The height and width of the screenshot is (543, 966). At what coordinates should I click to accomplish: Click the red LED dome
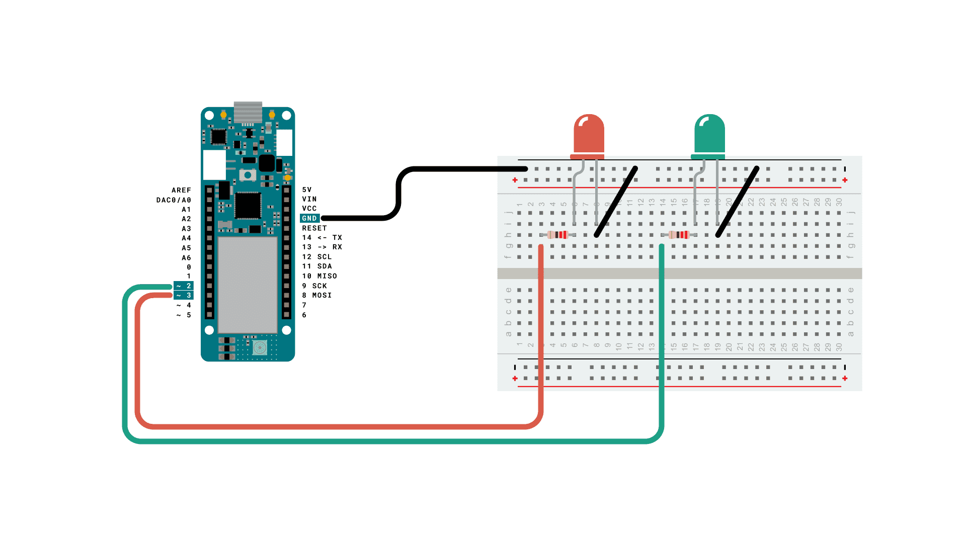tap(589, 134)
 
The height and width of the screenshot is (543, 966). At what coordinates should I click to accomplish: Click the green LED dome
tap(709, 134)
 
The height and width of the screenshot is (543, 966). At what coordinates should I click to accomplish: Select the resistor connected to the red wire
tap(557, 235)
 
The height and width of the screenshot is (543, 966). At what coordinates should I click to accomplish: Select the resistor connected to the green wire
tap(679, 235)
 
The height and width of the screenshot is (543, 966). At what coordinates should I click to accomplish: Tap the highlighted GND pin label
tap(309, 218)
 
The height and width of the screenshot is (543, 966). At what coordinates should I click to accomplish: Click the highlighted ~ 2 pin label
tap(184, 286)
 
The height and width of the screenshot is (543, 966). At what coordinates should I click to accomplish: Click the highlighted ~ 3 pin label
tap(184, 295)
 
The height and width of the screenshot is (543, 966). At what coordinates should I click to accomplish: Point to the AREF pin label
tap(181, 190)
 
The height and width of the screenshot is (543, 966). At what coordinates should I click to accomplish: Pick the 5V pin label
tap(307, 190)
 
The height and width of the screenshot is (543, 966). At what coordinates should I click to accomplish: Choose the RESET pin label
tap(314, 228)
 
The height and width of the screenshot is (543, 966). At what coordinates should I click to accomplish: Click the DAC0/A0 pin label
tap(174, 200)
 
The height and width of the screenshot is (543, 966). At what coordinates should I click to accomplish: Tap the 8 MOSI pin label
tap(317, 295)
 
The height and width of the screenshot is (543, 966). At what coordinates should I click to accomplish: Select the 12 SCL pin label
tap(317, 256)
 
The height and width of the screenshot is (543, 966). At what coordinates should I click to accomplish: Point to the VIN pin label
tap(309, 199)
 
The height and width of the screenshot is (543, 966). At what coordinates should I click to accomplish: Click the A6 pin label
tap(186, 257)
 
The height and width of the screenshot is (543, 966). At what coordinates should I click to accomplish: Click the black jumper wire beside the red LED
tap(616, 201)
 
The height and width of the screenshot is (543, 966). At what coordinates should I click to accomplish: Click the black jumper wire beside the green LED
tap(738, 201)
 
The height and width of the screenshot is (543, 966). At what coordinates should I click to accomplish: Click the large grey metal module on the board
tap(248, 284)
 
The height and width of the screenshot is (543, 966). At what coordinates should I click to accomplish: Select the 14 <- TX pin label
tap(322, 237)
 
